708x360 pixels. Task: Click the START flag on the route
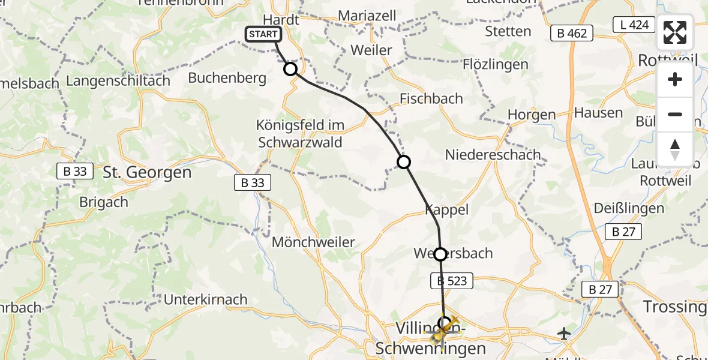pyautogui.click(x=263, y=34)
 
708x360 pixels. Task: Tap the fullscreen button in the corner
pyautogui.click(x=675, y=32)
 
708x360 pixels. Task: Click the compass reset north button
pyautogui.click(x=675, y=149)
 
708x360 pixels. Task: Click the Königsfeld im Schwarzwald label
pyautogui.click(x=299, y=134)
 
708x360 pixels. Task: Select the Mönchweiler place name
pyautogui.click(x=313, y=242)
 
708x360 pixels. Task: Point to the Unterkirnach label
pyautogui.click(x=205, y=299)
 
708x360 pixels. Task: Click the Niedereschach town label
pyautogui.click(x=492, y=155)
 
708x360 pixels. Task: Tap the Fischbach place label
pyautogui.click(x=431, y=98)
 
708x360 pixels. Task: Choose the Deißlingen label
pyautogui.click(x=628, y=208)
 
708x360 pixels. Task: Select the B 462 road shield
pyautogui.click(x=572, y=34)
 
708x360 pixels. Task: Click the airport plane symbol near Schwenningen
pyautogui.click(x=564, y=333)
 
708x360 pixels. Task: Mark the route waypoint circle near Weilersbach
pyautogui.click(x=440, y=254)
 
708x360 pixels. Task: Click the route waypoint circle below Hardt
pyautogui.click(x=290, y=69)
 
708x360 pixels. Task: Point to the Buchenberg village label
pyautogui.click(x=218, y=78)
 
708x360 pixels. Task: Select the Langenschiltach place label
pyautogui.click(x=118, y=80)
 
